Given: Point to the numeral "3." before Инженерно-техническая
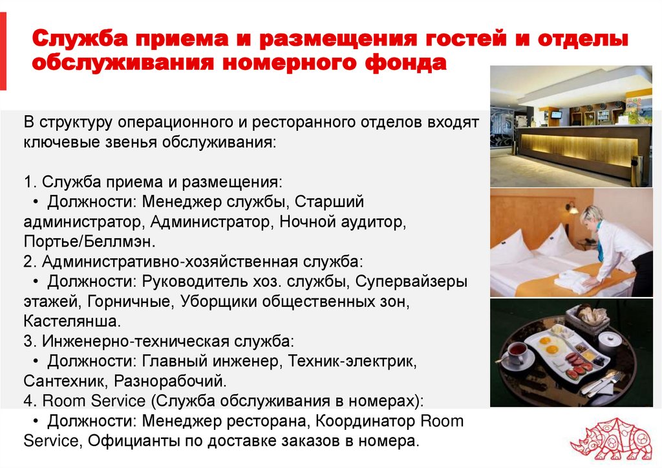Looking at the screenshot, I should point(30,341).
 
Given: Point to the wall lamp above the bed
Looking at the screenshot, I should point(572,208).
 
